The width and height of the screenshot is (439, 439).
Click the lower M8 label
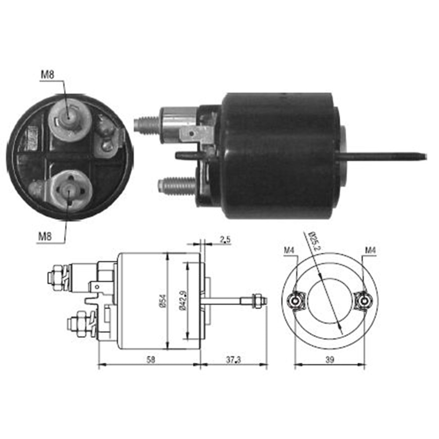pos(45,236)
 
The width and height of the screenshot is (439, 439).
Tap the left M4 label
pos(288,250)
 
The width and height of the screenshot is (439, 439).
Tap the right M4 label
pos(371,250)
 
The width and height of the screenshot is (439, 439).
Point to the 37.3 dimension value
pos(233,359)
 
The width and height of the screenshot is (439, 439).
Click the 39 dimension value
pos(330,359)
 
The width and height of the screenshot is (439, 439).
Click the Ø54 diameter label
pos(162,301)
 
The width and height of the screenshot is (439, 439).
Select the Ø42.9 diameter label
pos(183,301)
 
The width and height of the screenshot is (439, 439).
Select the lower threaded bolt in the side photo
pos(176,184)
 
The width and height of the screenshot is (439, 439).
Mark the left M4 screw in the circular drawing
pos(295,300)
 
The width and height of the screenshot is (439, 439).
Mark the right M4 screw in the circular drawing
pos(364,300)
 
